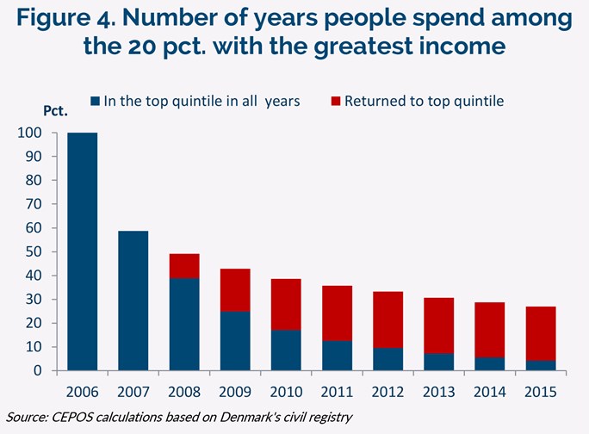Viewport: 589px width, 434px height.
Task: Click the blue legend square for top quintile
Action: point(95,102)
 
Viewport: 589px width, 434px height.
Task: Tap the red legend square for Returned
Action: point(335,102)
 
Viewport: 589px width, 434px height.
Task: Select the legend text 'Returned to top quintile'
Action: point(424,102)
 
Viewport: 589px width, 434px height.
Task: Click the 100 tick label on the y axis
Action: point(28,133)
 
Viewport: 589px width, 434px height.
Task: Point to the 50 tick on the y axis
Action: point(32,252)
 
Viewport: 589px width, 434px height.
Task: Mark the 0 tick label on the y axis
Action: point(38,371)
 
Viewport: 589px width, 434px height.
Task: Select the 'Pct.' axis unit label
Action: point(55,111)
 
